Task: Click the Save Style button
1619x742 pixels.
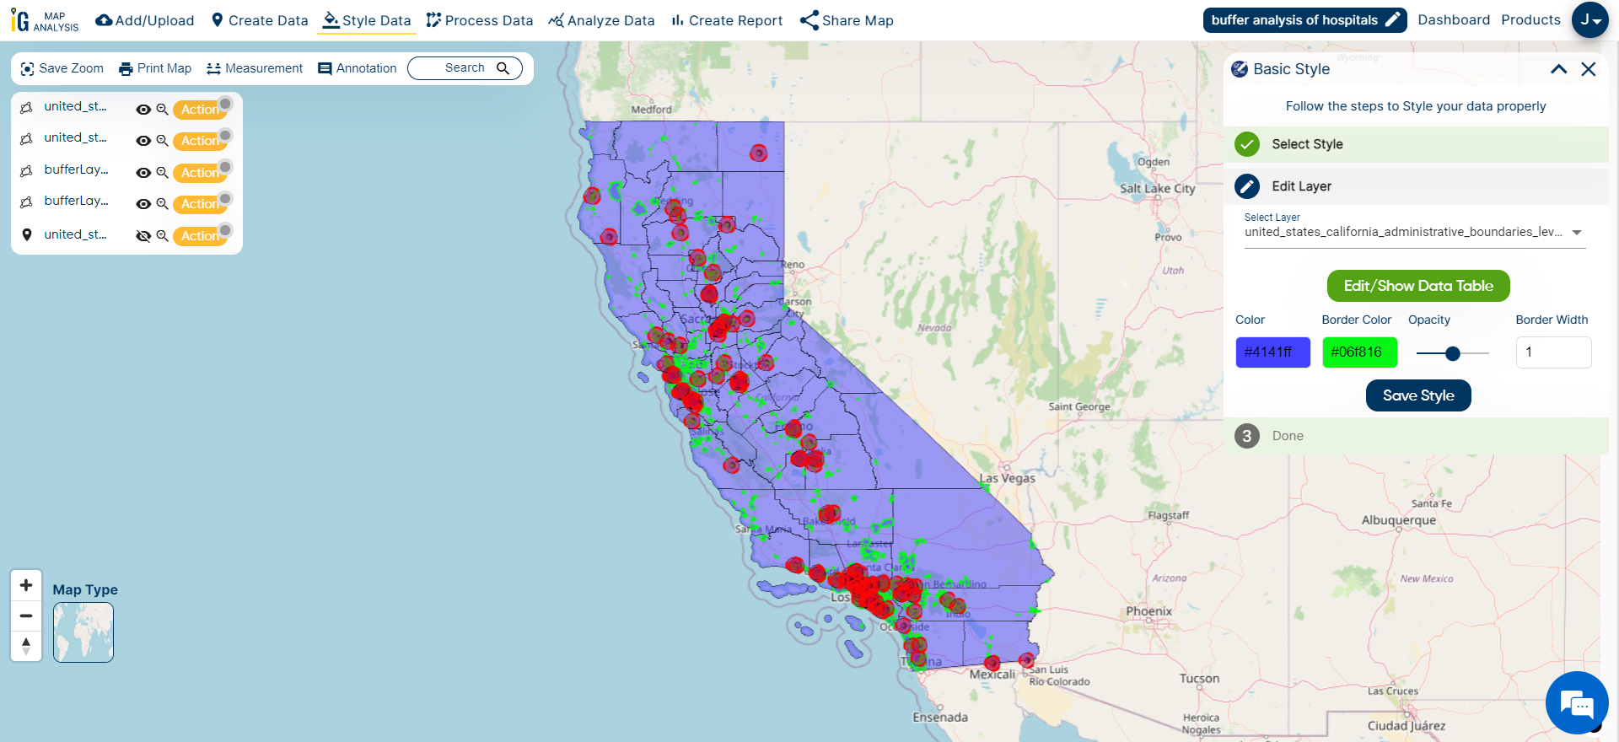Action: pyautogui.click(x=1417, y=395)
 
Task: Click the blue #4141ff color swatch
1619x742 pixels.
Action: pyautogui.click(x=1272, y=352)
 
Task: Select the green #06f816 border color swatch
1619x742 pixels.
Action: pyautogui.click(x=1359, y=352)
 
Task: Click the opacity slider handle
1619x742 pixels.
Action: pyautogui.click(x=1452, y=353)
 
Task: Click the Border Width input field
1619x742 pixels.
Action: pyautogui.click(x=1552, y=352)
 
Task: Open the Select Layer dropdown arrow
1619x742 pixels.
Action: pyautogui.click(x=1576, y=233)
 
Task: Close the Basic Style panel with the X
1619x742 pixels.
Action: pyautogui.click(x=1588, y=69)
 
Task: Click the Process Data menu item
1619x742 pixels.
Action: pyautogui.click(x=480, y=20)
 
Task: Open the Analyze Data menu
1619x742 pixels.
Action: pyautogui.click(x=601, y=20)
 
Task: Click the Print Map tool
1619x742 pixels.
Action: pyautogui.click(x=155, y=68)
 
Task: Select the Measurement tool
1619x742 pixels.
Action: pyautogui.click(x=255, y=68)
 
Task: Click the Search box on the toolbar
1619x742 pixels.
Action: pyautogui.click(x=465, y=68)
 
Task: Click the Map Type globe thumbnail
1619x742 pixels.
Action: pyautogui.click(x=83, y=632)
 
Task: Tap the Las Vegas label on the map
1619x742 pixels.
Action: pyautogui.click(x=1008, y=478)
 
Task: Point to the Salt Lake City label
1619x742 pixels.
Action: pyautogui.click(x=1157, y=189)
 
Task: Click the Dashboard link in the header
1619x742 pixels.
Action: pyautogui.click(x=1453, y=20)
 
